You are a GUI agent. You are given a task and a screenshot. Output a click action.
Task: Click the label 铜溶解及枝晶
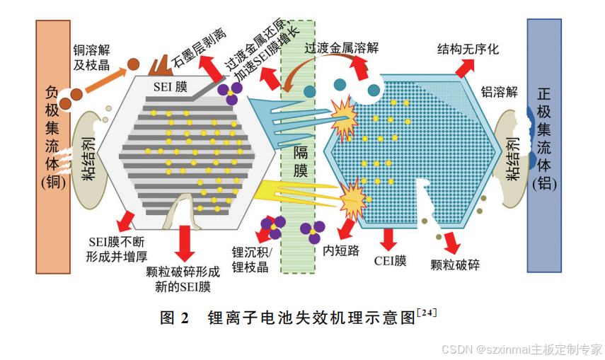(92, 58)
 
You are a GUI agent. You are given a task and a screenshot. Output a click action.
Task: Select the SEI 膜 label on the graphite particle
(171, 87)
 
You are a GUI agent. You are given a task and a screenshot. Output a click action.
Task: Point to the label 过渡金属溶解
(342, 48)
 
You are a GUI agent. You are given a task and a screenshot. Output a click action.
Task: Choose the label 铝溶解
(500, 92)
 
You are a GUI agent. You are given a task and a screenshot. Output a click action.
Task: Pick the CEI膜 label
(391, 260)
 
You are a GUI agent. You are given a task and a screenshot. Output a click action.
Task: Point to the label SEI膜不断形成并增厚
(117, 249)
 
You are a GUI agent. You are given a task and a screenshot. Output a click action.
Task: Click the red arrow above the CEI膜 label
(388, 238)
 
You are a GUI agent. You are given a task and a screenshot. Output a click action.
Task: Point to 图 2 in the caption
(175, 318)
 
